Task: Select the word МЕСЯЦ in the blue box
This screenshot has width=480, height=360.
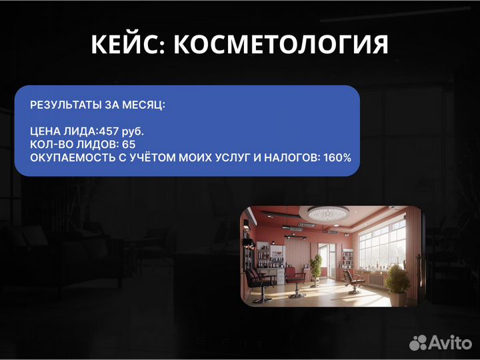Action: (x=145, y=105)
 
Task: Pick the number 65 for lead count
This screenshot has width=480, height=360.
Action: (x=128, y=144)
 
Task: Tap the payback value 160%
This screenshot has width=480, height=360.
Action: (x=336, y=157)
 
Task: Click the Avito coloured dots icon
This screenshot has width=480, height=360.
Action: (x=418, y=343)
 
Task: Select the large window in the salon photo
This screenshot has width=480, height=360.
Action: (x=381, y=243)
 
